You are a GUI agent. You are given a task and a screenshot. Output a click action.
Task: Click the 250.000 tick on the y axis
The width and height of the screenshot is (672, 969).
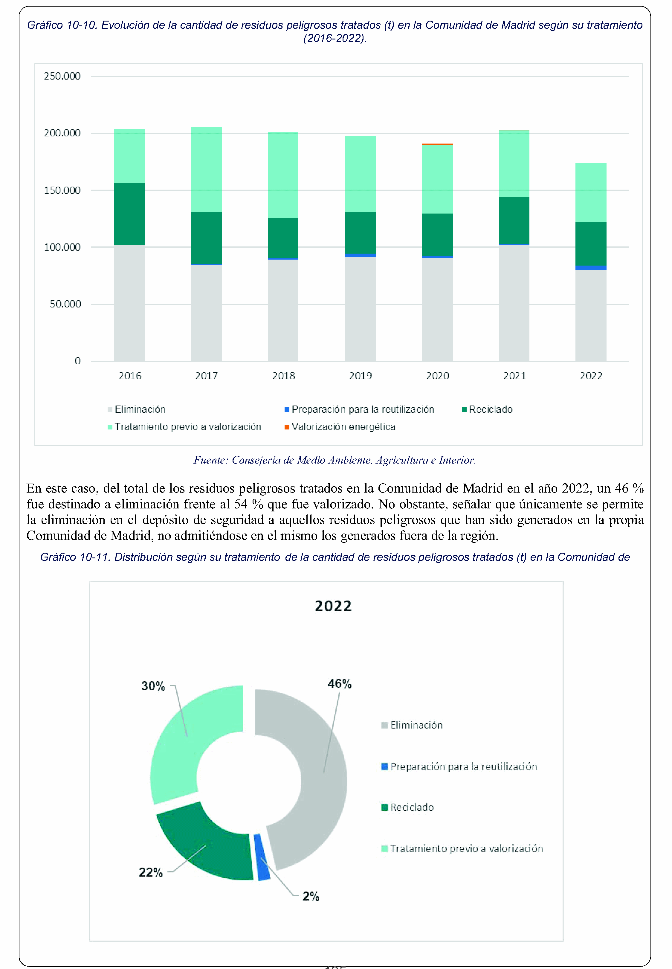click(62, 76)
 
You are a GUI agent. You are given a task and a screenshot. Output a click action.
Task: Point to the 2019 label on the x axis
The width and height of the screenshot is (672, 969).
click(361, 376)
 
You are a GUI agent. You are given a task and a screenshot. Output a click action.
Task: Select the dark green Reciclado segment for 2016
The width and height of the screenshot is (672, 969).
click(129, 214)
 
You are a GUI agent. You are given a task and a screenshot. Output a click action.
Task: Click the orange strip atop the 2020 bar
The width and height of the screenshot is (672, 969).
click(437, 144)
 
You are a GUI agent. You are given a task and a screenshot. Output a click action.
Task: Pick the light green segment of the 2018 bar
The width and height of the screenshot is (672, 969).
click(283, 175)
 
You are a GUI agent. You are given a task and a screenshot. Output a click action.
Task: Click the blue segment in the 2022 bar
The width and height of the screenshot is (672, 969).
click(591, 267)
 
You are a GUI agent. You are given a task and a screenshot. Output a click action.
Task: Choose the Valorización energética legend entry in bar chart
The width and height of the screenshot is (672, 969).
click(340, 426)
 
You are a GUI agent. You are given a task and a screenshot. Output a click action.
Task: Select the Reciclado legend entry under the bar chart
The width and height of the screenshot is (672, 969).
click(487, 409)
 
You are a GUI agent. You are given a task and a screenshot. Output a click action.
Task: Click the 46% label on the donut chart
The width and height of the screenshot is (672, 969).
click(339, 683)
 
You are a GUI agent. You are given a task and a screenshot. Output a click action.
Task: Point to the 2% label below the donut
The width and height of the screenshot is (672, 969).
click(311, 896)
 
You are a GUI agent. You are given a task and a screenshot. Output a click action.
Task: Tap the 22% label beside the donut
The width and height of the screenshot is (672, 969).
click(151, 872)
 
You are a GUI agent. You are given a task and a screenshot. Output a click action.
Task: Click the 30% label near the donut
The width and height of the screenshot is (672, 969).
click(153, 686)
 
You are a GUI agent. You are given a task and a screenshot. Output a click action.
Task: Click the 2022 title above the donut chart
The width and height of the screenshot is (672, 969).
click(333, 606)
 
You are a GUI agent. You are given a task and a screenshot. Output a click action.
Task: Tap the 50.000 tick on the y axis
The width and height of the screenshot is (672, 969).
click(65, 304)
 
